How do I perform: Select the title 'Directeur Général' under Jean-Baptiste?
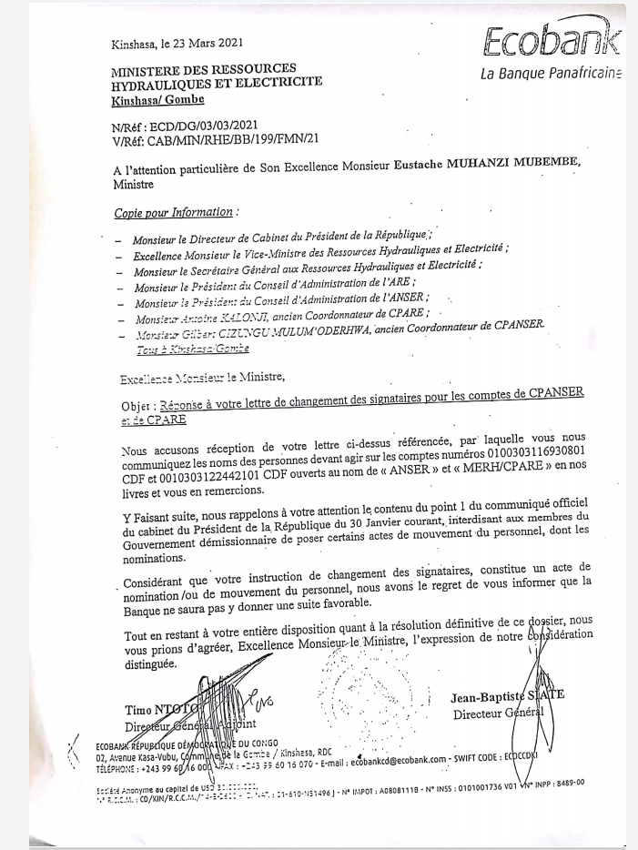(498, 713)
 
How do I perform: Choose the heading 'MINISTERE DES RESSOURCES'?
(203, 69)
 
